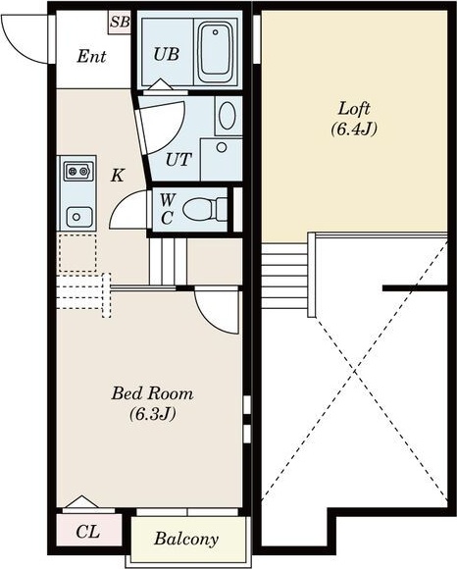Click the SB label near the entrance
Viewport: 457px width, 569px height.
click(x=120, y=22)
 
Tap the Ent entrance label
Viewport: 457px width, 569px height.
click(x=92, y=56)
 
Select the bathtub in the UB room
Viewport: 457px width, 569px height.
click(x=215, y=53)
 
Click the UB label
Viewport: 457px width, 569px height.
click(x=167, y=54)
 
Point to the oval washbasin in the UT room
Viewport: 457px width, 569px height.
click(x=228, y=116)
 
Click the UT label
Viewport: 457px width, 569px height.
click(x=178, y=159)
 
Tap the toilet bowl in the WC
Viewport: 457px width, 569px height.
click(x=205, y=209)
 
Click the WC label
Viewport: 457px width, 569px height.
click(x=167, y=209)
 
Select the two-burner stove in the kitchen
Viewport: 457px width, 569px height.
click(x=78, y=172)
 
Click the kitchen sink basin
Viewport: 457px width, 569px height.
click(x=79, y=217)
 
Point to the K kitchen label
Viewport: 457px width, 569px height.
click(x=118, y=176)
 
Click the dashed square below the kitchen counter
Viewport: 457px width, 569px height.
click(x=77, y=253)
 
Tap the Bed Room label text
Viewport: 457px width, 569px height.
click(x=152, y=393)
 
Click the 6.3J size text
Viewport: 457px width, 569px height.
click(x=152, y=414)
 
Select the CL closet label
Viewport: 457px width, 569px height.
click(x=88, y=532)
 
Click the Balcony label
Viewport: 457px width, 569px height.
click(x=186, y=540)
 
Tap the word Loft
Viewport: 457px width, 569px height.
click(x=354, y=109)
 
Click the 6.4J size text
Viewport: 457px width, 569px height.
click(x=354, y=129)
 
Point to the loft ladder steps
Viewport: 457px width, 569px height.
click(x=284, y=276)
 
